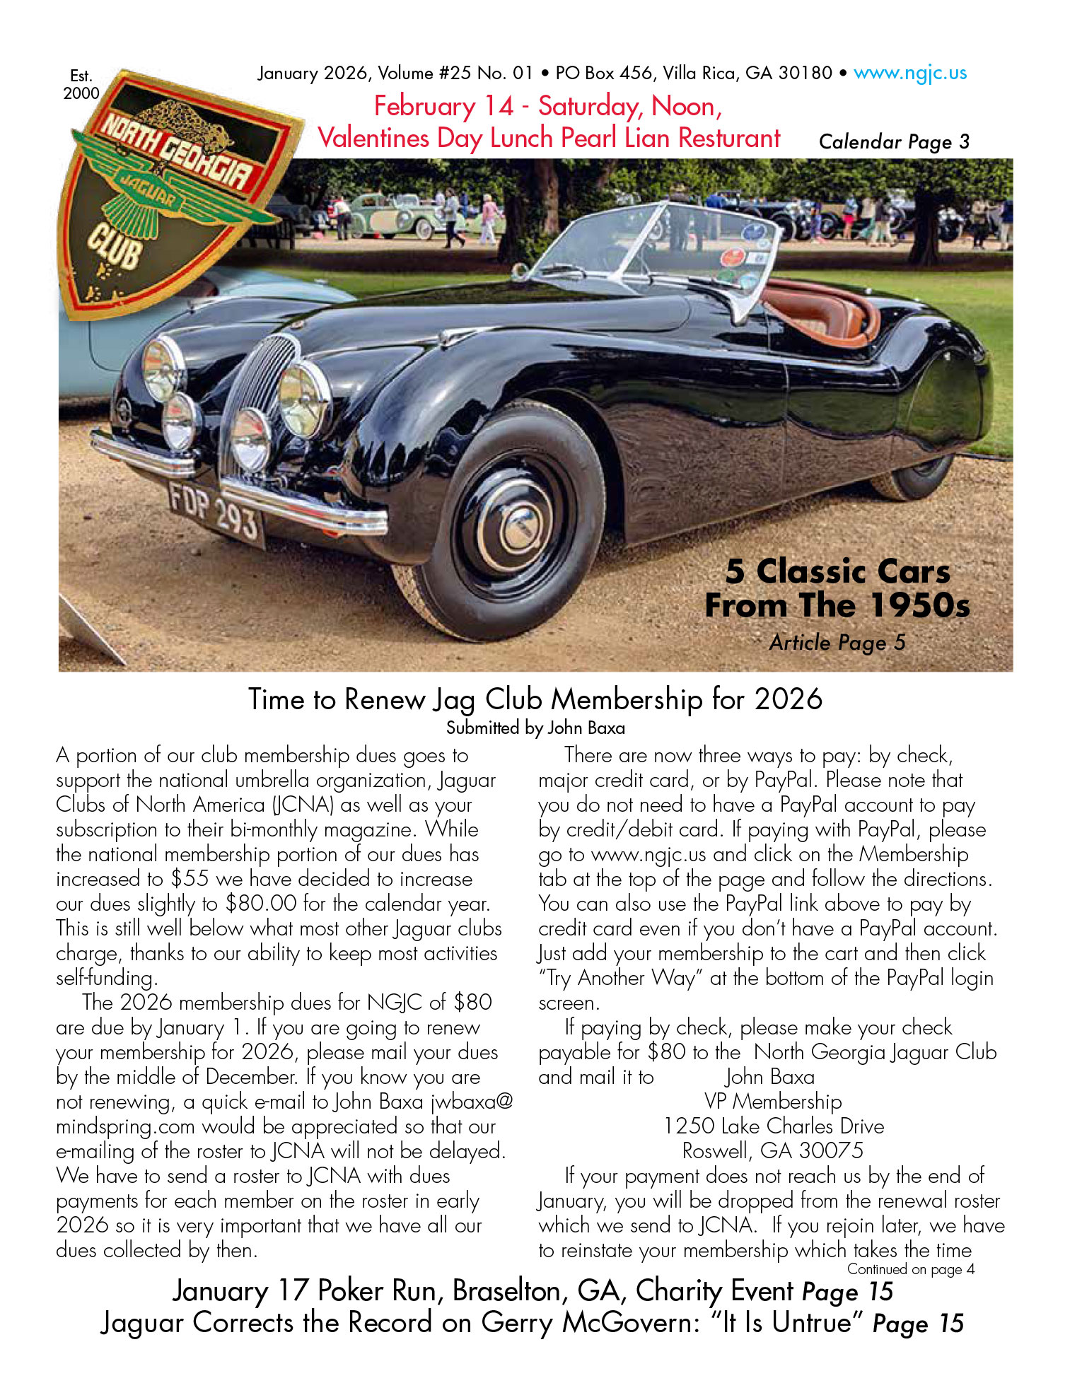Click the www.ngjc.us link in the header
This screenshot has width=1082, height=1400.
click(x=910, y=73)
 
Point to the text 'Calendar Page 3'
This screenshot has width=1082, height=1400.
click(x=894, y=141)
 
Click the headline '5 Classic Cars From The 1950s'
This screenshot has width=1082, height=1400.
click(x=837, y=588)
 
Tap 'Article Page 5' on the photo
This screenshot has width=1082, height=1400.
click(x=837, y=642)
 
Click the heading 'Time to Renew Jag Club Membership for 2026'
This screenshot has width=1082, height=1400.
click(x=535, y=699)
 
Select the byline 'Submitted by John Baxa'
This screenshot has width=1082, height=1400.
click(x=535, y=728)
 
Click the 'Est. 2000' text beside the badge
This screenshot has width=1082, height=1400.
click(x=81, y=84)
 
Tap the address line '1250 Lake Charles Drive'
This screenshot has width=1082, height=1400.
click(x=774, y=1126)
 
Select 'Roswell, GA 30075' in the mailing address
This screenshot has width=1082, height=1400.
click(x=772, y=1150)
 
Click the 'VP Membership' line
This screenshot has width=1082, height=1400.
click(x=773, y=1101)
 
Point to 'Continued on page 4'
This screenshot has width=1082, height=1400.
click(x=911, y=1269)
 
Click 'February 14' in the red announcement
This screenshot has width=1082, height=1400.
click(x=443, y=106)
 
